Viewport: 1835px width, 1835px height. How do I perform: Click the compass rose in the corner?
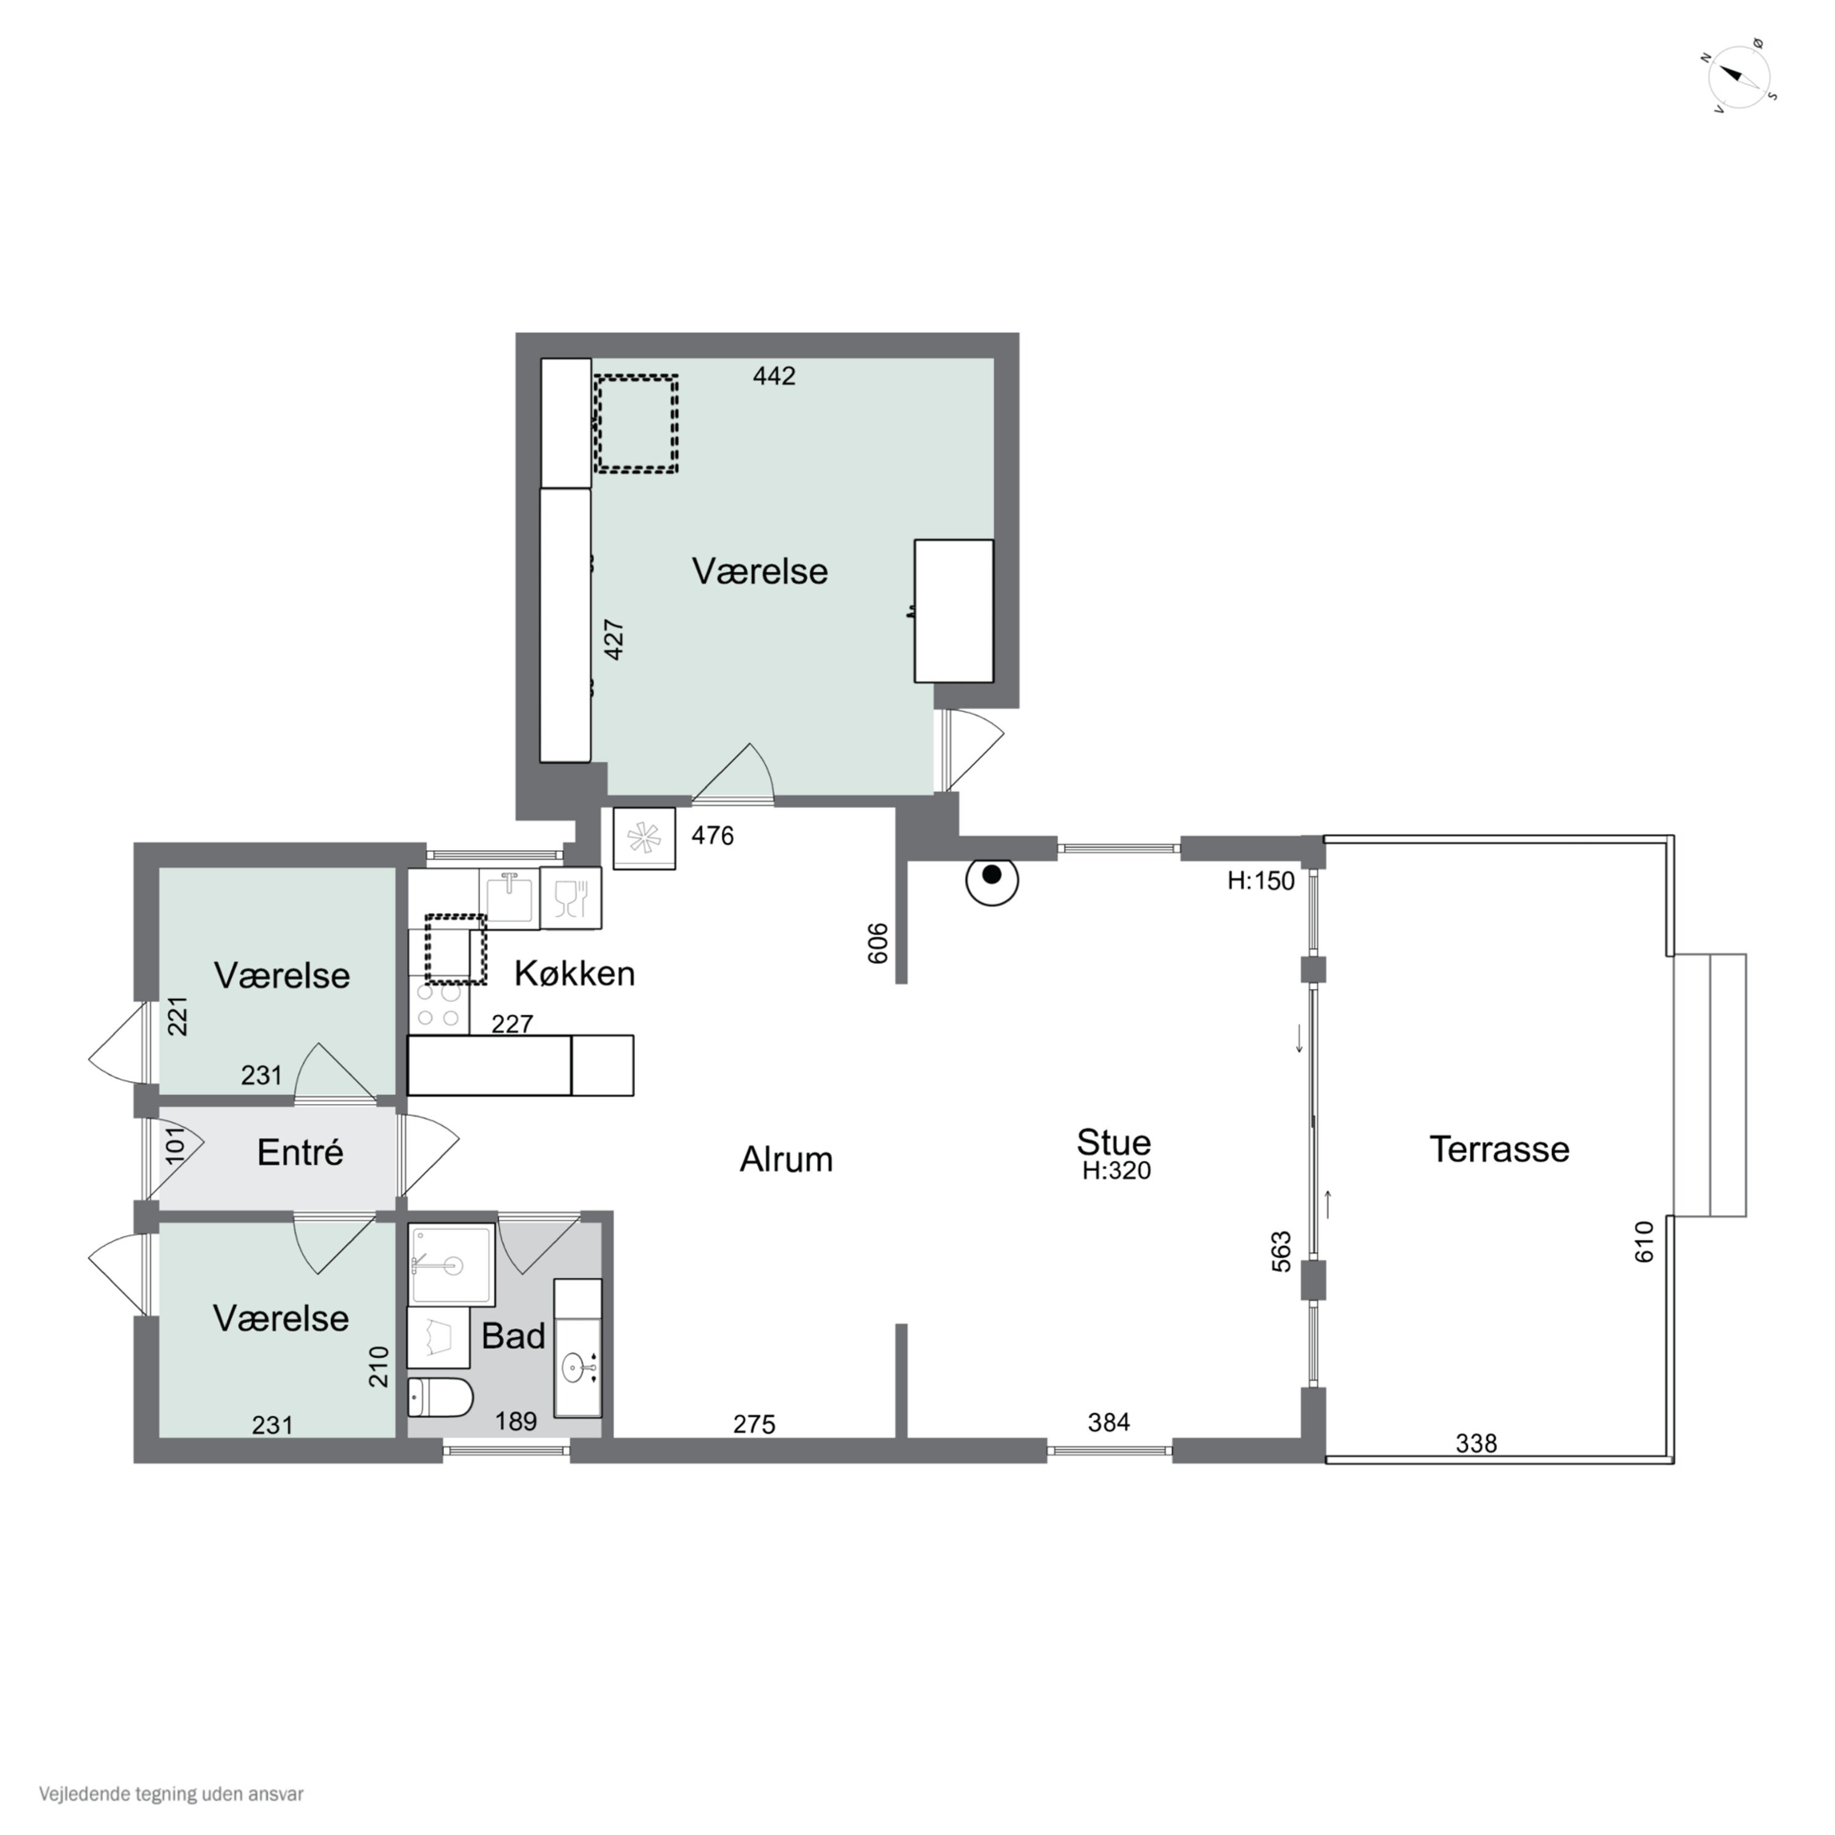coord(1741,77)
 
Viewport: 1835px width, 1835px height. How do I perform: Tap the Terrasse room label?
coord(1499,1149)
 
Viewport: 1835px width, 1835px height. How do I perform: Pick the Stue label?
coord(1113,1141)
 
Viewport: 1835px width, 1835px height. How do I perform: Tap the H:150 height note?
coord(1261,880)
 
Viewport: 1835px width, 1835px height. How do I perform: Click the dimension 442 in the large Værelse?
coord(774,376)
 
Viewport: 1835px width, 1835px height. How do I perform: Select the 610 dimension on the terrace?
coord(1644,1242)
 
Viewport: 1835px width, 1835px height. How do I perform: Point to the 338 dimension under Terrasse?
coord(1476,1444)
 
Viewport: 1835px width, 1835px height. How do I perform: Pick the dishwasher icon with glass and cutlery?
coord(570,897)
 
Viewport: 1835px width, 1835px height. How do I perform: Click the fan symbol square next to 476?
coord(644,838)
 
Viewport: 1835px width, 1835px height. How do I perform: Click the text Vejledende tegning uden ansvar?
coord(171,1794)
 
